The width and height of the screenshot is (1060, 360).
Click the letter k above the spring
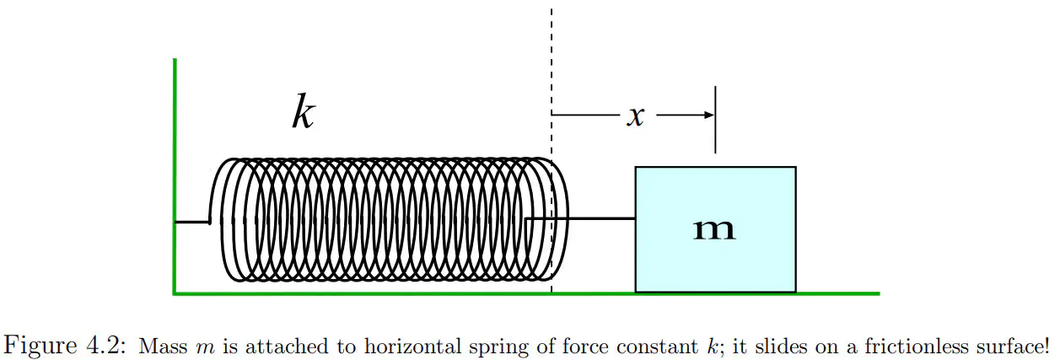304,111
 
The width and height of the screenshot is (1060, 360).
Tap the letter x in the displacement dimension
636,116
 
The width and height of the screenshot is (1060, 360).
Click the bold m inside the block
714,230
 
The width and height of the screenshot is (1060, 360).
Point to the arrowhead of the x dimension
709,115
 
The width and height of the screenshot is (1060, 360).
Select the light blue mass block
715,229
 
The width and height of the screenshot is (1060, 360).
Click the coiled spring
388,220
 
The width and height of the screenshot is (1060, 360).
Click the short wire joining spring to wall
191,222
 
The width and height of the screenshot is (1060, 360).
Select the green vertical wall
175,176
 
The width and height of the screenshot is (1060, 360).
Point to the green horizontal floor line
526,293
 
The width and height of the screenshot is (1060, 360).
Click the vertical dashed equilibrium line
552,150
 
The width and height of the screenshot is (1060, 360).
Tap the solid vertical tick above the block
715,120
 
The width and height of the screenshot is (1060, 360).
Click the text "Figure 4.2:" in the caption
65,345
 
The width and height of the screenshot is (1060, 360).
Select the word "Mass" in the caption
163,347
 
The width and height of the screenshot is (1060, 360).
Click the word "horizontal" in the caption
412,347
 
